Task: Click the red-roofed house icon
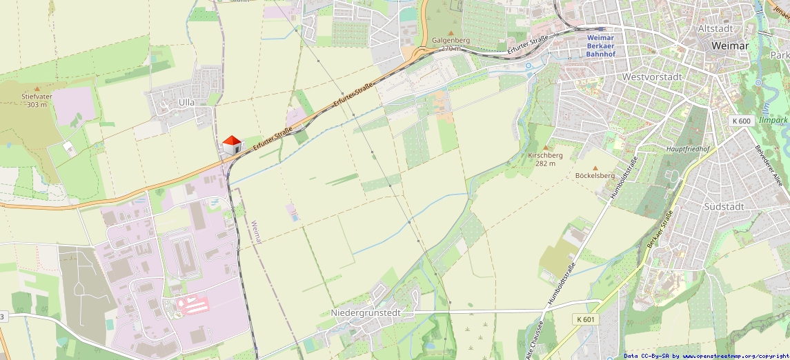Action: (232, 145)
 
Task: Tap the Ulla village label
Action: (186, 102)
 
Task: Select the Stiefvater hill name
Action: (37, 97)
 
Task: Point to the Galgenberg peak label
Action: (451, 40)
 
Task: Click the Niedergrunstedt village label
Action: (366, 312)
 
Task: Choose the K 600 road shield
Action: (740, 121)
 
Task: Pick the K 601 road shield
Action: (584, 319)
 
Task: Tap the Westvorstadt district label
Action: (652, 77)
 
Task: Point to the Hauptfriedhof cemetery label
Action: (687, 148)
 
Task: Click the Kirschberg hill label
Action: (545, 156)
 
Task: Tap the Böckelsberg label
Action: (595, 175)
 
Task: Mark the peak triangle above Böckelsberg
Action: (595, 168)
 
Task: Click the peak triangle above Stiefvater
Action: (37, 88)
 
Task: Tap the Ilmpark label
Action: (773, 120)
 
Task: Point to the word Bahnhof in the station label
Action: (601, 53)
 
